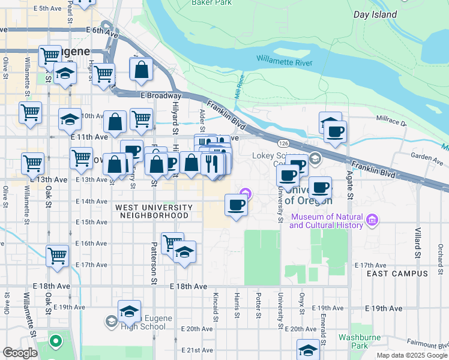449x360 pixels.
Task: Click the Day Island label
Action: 384,14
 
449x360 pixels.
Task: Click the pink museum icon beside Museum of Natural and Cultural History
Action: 372,220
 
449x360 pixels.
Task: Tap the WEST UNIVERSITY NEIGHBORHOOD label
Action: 154,211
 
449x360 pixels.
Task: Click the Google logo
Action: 20,353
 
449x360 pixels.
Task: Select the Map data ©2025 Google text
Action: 412,355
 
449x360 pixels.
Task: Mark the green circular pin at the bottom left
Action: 56,342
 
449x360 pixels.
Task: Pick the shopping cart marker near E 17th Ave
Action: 58,256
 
